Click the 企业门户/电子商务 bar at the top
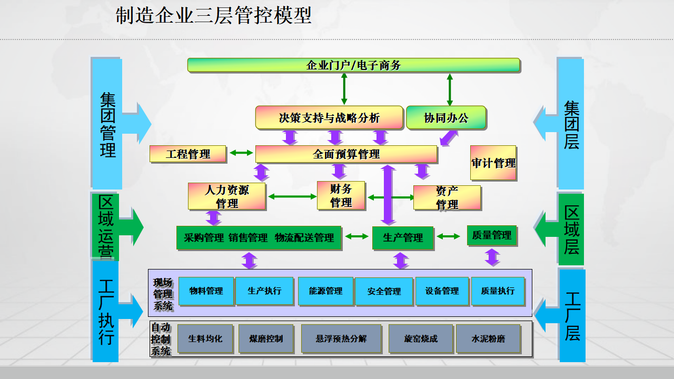[x=353, y=65]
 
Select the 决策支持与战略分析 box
[x=329, y=118]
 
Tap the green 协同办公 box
[x=445, y=118]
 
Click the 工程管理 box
[x=188, y=154]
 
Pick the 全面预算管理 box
[x=346, y=154]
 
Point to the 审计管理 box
[x=493, y=163]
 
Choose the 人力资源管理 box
[x=227, y=196]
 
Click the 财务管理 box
[x=341, y=195]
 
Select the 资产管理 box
[x=447, y=197]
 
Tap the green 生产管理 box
[x=403, y=238]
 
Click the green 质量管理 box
[x=492, y=235]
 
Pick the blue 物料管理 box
[x=206, y=291]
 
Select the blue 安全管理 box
[x=384, y=291]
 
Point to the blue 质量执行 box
[x=498, y=291]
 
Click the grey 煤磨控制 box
[x=266, y=338]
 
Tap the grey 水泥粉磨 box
[x=488, y=338]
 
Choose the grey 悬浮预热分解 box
[x=341, y=338]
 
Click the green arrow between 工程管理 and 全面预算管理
[x=241, y=153]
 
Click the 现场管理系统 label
[x=162, y=294]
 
